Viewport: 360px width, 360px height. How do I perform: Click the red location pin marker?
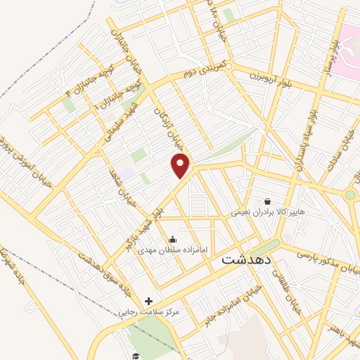181,165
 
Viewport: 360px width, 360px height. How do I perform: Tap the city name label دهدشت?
245,259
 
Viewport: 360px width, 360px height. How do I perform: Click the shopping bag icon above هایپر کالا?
266,200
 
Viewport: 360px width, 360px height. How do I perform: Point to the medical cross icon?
148,301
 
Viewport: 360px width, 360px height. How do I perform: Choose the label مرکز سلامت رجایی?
150,311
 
